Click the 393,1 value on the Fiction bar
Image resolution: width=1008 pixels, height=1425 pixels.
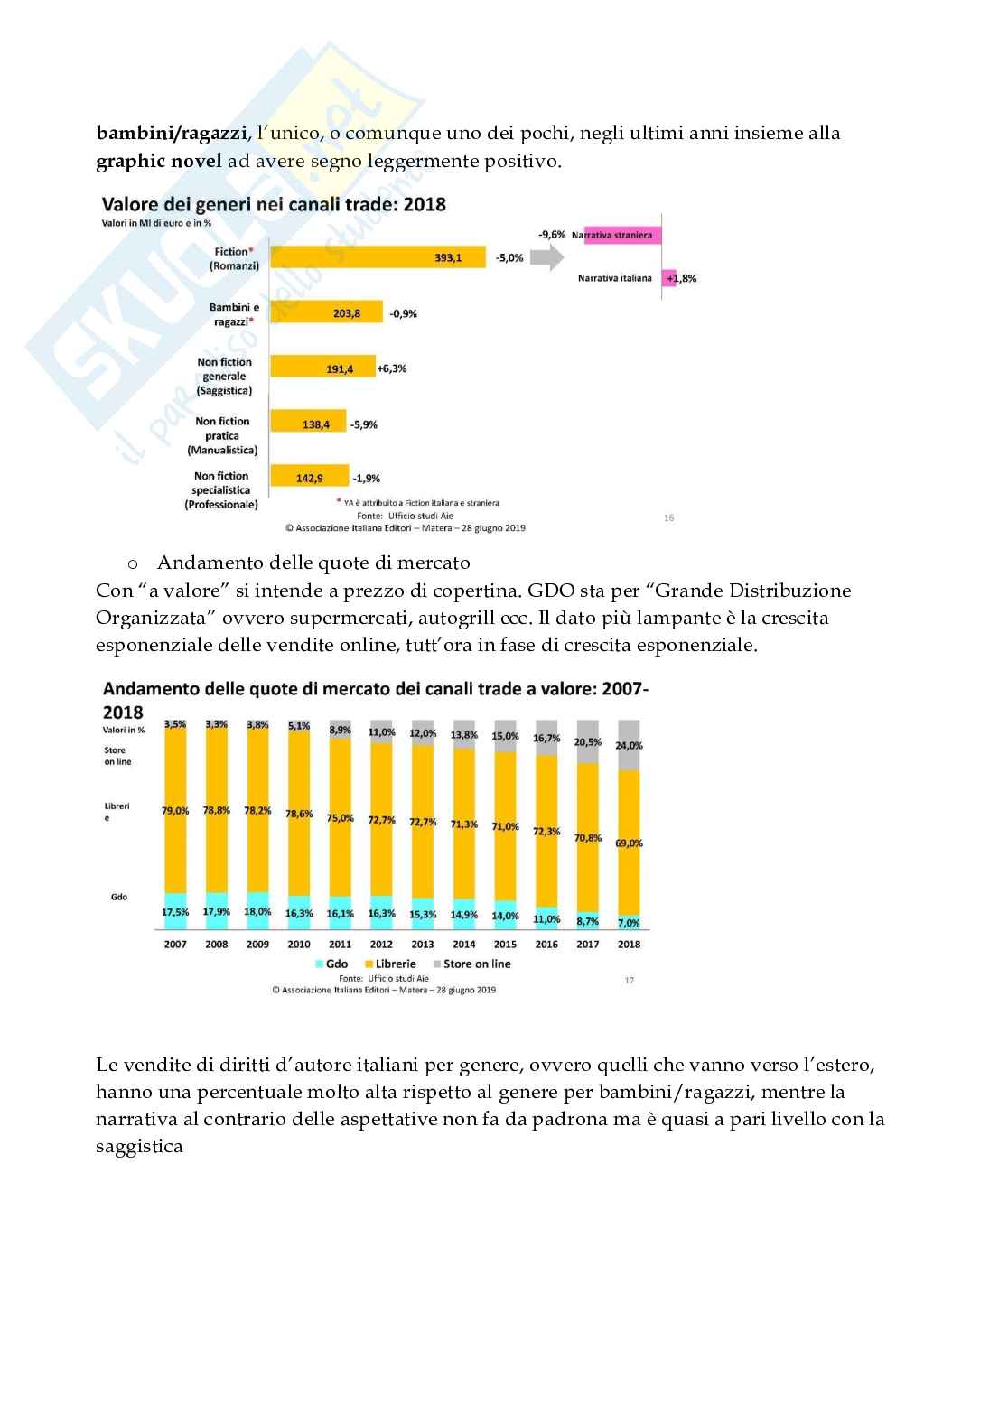pyautogui.click(x=448, y=258)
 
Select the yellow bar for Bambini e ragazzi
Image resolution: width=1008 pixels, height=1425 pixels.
pyautogui.click(x=327, y=313)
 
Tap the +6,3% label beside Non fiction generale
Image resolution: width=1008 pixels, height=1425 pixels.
pyautogui.click(x=392, y=368)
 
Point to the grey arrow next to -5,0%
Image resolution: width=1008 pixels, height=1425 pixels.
pyautogui.click(x=546, y=258)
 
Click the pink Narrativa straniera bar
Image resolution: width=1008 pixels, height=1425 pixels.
pyautogui.click(x=623, y=235)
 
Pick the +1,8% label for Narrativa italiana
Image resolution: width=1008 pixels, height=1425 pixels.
pyautogui.click(x=682, y=278)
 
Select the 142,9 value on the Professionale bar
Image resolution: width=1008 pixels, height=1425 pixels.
pyautogui.click(x=309, y=479)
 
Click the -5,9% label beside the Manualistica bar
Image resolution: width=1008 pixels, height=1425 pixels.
pyautogui.click(x=364, y=424)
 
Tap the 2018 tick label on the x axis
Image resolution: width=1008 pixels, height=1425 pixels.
pyautogui.click(x=629, y=945)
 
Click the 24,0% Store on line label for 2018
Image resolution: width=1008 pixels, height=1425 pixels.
pyautogui.click(x=629, y=746)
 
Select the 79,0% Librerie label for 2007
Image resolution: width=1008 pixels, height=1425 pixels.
pyautogui.click(x=175, y=811)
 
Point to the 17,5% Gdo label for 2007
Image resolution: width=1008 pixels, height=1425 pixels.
pyautogui.click(x=175, y=912)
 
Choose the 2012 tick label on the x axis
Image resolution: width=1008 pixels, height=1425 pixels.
pyautogui.click(x=381, y=945)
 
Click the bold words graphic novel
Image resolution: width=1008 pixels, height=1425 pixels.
pyautogui.click(x=158, y=162)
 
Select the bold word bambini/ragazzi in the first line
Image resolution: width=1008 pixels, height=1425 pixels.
pyautogui.click(x=172, y=134)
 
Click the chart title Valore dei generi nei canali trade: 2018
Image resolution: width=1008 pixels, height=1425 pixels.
pyautogui.click(x=274, y=204)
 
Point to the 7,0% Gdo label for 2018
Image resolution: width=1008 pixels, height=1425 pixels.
pyautogui.click(x=629, y=923)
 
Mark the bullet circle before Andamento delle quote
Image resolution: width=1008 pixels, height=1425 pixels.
pyautogui.click(x=133, y=564)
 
